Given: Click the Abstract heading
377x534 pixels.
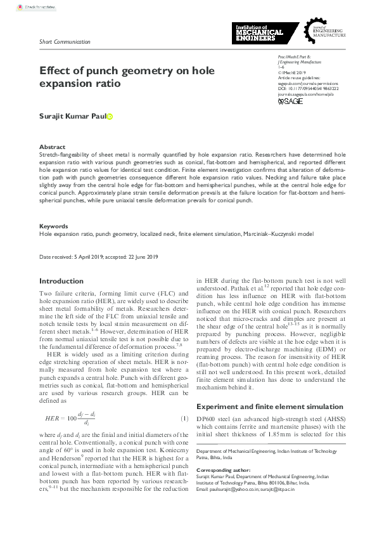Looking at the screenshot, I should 52,147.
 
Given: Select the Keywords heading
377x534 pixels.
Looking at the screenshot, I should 54,226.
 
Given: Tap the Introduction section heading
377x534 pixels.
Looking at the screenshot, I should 61,281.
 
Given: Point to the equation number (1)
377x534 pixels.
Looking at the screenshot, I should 185,418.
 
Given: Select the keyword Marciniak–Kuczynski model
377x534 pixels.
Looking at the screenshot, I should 278,234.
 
